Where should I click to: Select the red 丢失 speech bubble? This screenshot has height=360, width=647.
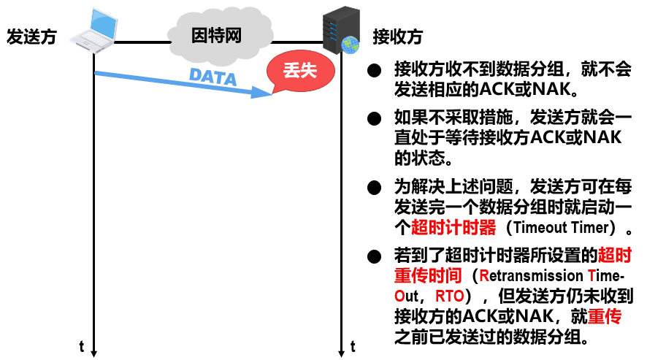click(x=296, y=71)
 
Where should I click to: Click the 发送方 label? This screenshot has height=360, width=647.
click(x=31, y=37)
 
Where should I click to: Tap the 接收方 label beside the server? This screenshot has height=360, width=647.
click(x=397, y=37)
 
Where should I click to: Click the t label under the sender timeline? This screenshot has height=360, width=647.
click(x=82, y=345)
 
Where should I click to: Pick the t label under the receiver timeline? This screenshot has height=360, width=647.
click(x=353, y=345)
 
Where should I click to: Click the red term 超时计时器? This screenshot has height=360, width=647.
click(x=453, y=227)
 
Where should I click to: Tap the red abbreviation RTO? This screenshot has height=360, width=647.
click(x=448, y=297)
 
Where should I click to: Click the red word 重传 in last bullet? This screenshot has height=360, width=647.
click(x=605, y=317)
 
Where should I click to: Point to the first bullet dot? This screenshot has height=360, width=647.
click(x=375, y=71)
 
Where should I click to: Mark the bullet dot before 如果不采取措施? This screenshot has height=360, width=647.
click(x=375, y=118)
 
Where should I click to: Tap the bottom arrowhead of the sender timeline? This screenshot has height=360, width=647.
click(x=94, y=353)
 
